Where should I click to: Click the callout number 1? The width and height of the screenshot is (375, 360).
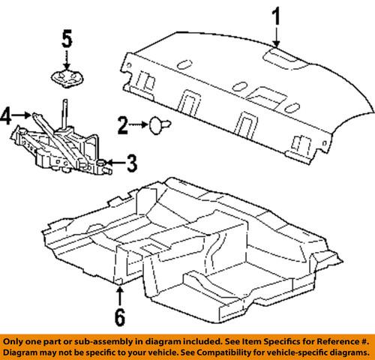point(276,16)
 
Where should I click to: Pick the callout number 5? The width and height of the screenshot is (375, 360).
point(67,37)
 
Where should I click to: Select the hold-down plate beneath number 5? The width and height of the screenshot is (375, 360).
point(67,75)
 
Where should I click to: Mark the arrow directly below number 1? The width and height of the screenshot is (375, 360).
point(276,37)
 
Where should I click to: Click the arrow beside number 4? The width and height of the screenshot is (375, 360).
point(23,115)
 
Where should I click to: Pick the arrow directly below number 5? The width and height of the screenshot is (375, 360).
point(67,58)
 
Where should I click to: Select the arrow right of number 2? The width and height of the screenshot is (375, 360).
point(140,122)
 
